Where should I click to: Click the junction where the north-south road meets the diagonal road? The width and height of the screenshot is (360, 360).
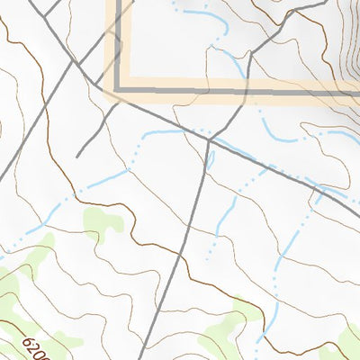(208, 140)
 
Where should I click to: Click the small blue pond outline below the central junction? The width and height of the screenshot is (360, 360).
(211, 160)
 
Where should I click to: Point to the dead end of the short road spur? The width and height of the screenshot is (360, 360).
(78, 156)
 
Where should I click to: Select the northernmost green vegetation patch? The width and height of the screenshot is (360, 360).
(101, 221)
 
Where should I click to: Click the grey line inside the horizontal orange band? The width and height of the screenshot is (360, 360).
(225, 91)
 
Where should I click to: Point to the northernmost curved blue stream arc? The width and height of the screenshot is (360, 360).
(202, 13)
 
